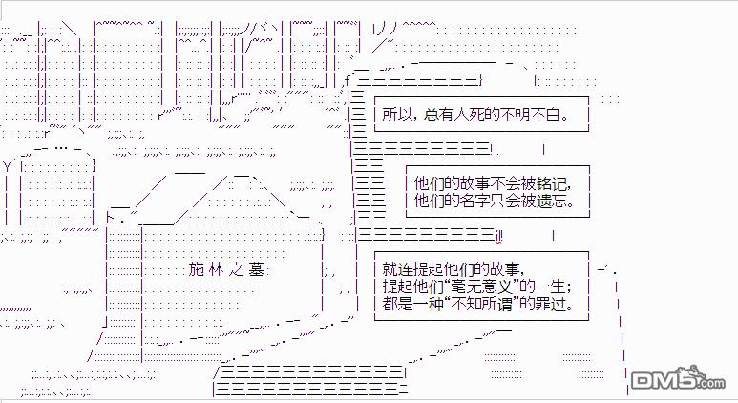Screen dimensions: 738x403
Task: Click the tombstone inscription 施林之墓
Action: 226,269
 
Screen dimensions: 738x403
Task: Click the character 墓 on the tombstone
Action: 256,269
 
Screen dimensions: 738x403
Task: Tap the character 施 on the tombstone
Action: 197,269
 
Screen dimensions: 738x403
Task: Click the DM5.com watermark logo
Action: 678,377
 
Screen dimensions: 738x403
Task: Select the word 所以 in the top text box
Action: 397,115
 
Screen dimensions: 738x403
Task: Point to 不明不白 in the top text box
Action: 529,115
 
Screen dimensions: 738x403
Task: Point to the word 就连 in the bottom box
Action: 397,269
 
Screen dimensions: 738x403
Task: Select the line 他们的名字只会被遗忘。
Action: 495,201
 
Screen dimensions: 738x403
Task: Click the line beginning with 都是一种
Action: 478,304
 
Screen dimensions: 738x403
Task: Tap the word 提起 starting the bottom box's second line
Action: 397,286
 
